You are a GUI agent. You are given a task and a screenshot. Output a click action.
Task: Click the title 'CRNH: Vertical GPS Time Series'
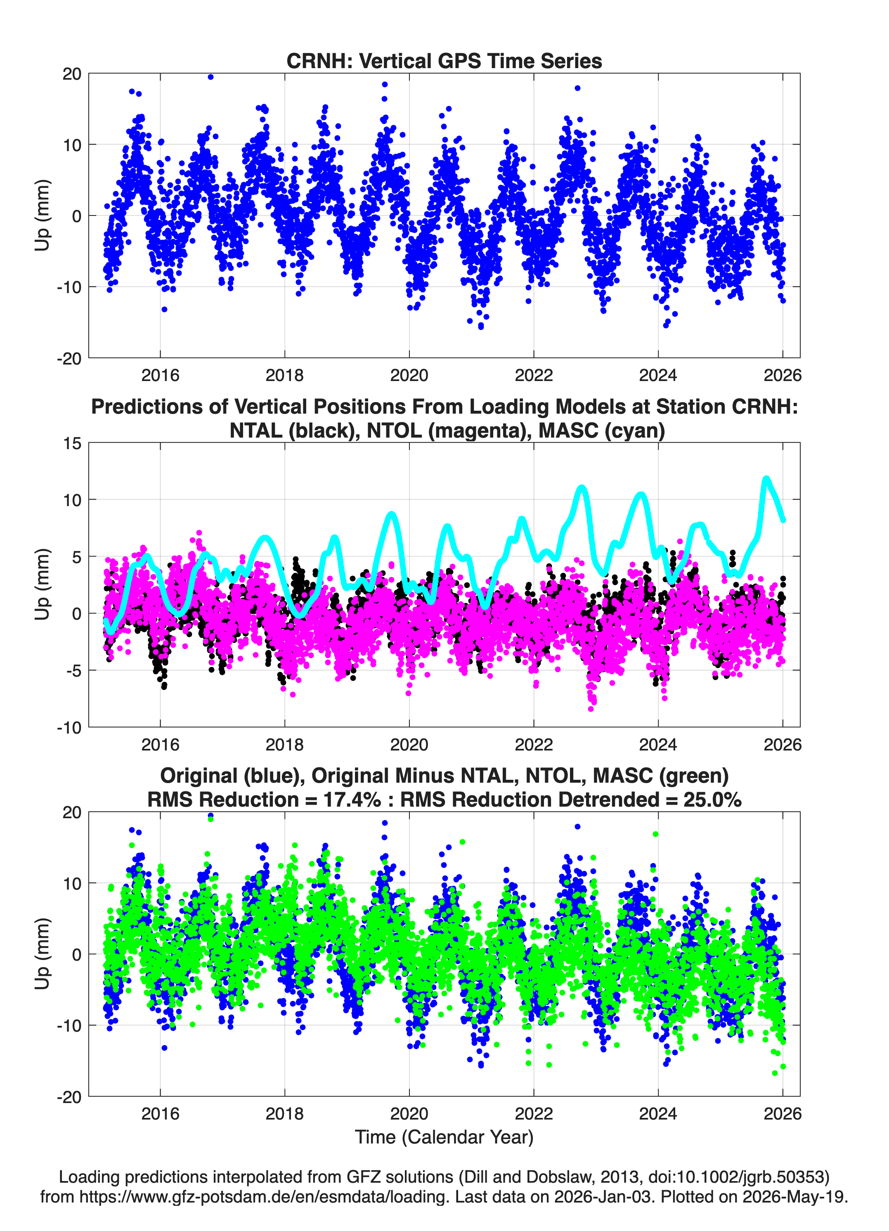point(444,61)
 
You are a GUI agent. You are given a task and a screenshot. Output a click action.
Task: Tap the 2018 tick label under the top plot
point(284,375)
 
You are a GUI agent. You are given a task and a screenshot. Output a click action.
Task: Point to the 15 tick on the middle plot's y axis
point(72,443)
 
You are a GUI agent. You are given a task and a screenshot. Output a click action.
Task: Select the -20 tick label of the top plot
point(69,359)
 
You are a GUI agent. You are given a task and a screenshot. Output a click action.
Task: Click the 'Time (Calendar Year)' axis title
point(444,1136)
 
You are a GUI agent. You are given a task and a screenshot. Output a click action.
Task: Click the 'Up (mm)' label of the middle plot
point(43,584)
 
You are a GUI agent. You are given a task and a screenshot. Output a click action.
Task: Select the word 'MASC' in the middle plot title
point(566,431)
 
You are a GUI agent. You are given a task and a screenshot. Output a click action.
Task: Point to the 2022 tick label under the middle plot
point(534,744)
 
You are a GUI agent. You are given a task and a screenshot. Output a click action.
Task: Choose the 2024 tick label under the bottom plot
point(658,1113)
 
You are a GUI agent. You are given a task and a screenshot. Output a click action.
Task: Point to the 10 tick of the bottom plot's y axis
point(72,883)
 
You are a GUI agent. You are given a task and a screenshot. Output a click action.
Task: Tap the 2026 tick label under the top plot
point(782,375)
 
